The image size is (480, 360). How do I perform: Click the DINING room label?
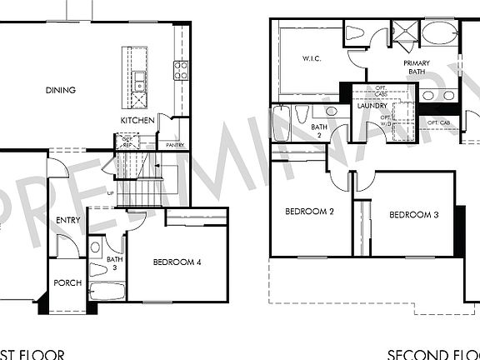(x=61, y=91)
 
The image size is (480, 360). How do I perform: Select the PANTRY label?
(x=175, y=145)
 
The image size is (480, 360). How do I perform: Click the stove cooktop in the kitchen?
(x=180, y=70)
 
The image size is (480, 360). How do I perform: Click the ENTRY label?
(x=68, y=220)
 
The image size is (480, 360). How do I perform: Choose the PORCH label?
(x=67, y=283)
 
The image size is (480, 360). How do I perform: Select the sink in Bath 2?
(x=332, y=111)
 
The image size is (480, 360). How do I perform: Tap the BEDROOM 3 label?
(x=414, y=215)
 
